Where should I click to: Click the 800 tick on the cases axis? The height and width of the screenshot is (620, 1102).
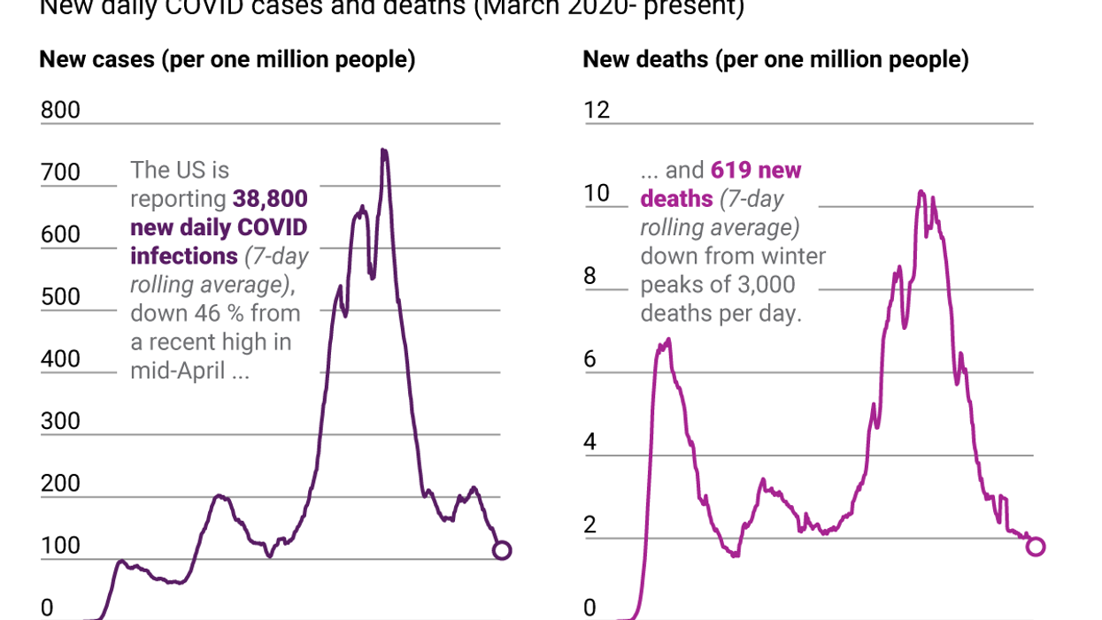click(x=60, y=111)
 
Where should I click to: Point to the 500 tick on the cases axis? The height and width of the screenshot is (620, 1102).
click(x=60, y=296)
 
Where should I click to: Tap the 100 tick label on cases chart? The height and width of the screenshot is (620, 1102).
click(x=60, y=546)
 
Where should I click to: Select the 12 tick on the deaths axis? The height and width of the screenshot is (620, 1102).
click(x=597, y=111)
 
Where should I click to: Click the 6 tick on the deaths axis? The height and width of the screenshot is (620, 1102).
click(x=590, y=360)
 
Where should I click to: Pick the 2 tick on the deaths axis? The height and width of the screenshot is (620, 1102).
click(x=590, y=525)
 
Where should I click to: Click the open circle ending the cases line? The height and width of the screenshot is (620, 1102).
click(x=501, y=550)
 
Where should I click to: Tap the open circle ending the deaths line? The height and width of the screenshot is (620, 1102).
click(x=1036, y=546)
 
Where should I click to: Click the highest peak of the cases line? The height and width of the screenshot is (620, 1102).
click(x=384, y=151)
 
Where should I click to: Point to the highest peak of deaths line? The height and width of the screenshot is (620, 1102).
click(x=921, y=192)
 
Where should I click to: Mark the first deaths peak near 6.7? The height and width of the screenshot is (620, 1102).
click(x=668, y=340)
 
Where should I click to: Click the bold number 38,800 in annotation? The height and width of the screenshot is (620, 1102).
click(x=270, y=199)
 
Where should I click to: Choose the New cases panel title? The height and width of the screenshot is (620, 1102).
click(x=227, y=60)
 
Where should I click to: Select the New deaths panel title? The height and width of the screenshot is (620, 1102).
click(x=775, y=60)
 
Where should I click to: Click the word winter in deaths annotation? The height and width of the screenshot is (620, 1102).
click(x=789, y=256)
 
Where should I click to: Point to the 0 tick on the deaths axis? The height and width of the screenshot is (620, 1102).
click(x=590, y=609)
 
